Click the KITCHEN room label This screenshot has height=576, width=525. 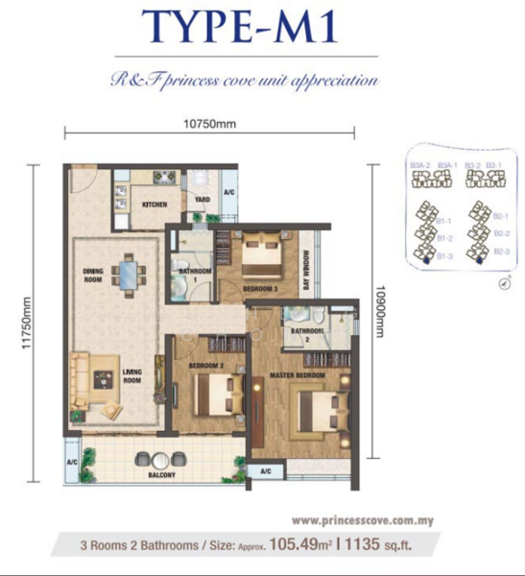pyautogui.click(x=155, y=204)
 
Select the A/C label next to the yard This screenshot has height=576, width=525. pyautogui.click(x=228, y=192)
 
